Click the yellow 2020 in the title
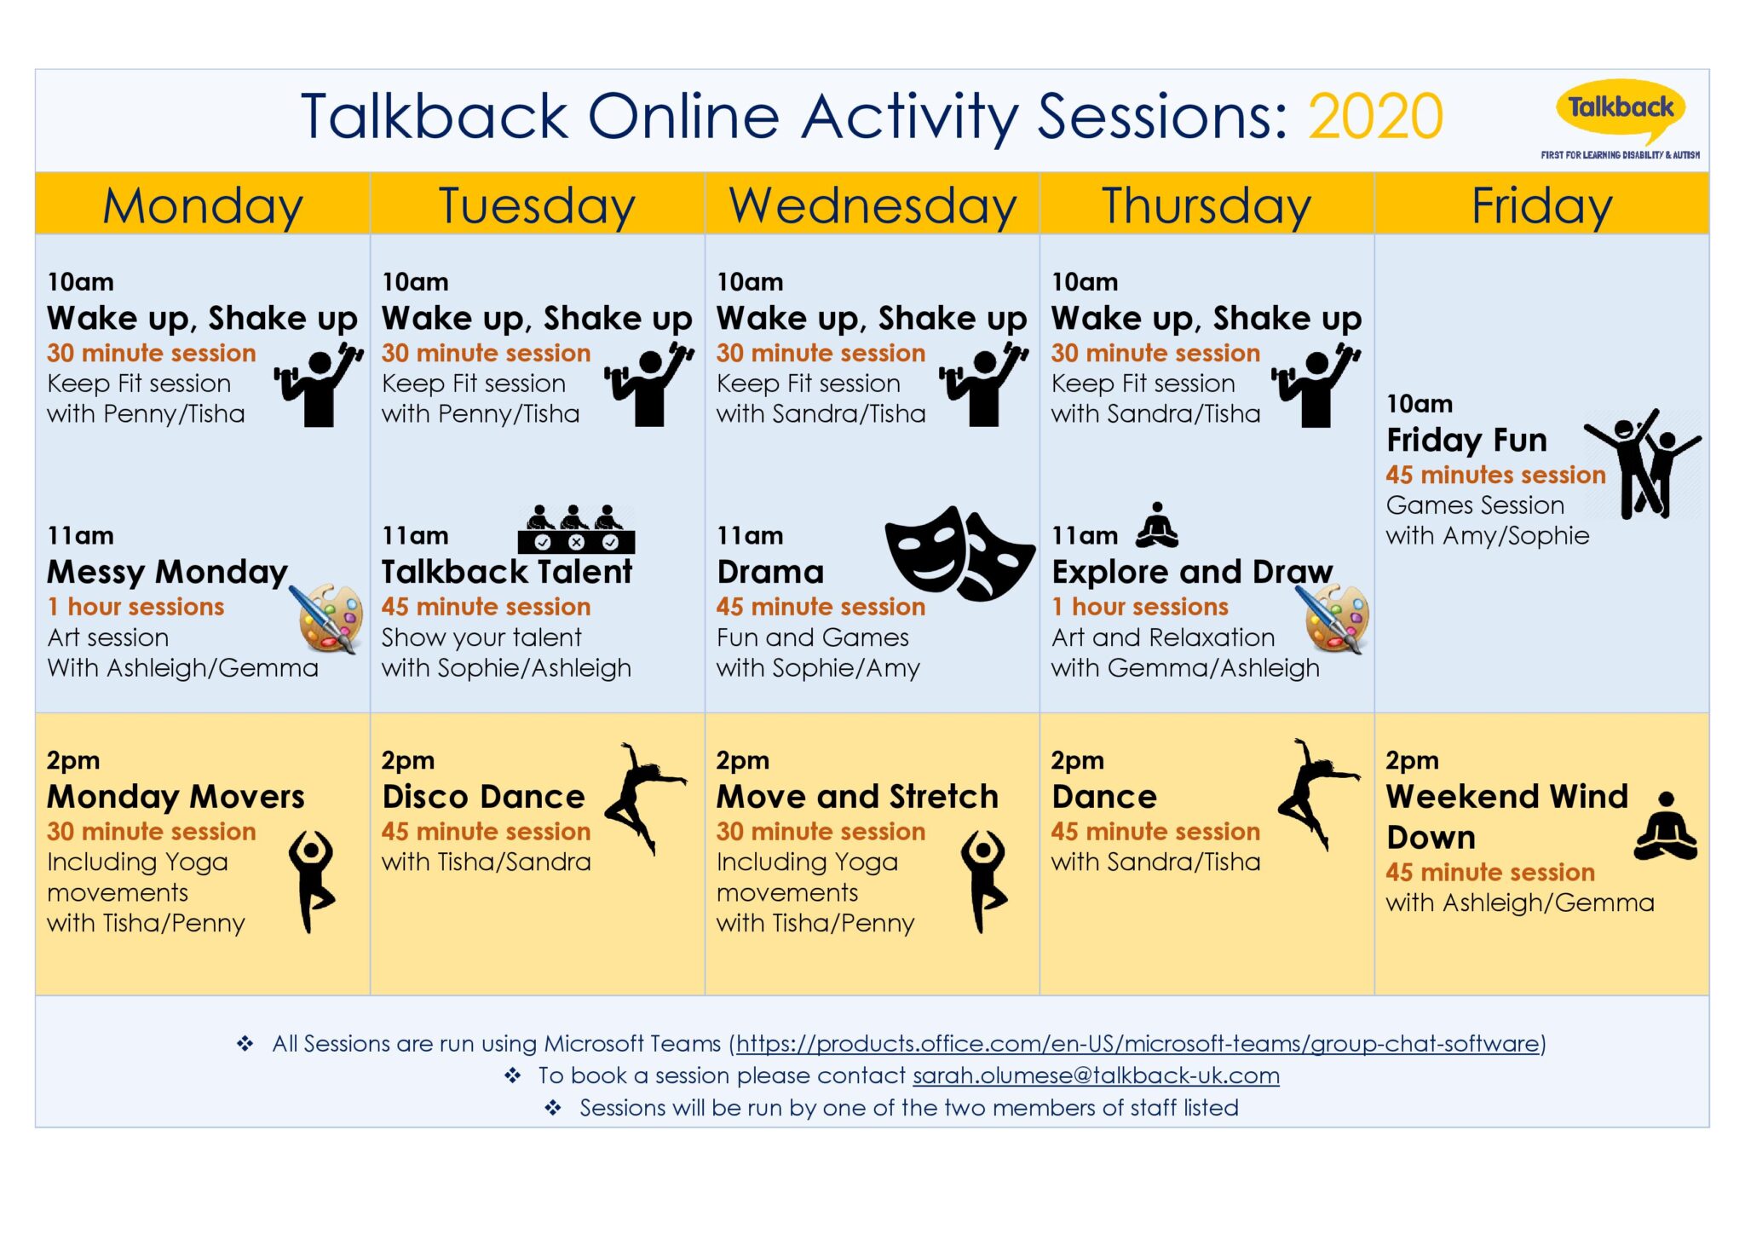1375,117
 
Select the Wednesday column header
872,205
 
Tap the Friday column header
1541,205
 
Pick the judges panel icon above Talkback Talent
576,530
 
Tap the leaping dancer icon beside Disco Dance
644,796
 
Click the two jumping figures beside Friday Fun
1643,464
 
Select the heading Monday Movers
176,797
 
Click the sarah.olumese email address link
1096,1075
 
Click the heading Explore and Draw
1192,572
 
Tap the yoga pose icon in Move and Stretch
984,880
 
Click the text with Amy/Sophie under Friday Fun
1487,536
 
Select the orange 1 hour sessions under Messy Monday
136,607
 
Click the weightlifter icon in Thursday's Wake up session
1315,385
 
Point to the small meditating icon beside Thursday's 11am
1157,525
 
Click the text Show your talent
481,637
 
